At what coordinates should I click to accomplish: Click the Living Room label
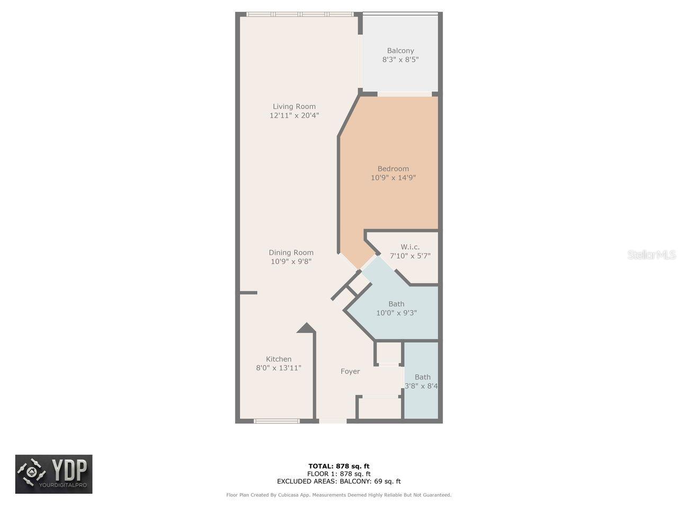[294, 107]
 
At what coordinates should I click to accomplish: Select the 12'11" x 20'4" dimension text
[294, 116]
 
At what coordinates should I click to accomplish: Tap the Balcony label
[400, 51]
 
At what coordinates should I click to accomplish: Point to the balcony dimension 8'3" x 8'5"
[400, 60]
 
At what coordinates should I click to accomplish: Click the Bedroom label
[393, 169]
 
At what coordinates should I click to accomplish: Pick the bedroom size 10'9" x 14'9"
[393, 178]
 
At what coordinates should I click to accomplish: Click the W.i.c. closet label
[410, 247]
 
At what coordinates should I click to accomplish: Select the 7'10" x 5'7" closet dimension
[410, 256]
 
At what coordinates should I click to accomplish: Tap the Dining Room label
[291, 252]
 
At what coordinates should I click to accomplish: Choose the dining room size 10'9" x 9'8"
[291, 261]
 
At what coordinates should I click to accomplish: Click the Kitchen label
[279, 359]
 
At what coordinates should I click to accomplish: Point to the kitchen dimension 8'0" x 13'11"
[279, 368]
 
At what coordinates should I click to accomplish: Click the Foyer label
[350, 372]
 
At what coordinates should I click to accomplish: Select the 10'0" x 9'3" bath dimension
[396, 313]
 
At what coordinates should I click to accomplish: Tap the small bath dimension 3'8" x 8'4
[422, 387]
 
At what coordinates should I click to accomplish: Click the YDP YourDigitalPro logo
[53, 474]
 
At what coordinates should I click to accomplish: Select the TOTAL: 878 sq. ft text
[339, 467]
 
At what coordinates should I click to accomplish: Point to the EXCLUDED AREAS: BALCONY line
[339, 481]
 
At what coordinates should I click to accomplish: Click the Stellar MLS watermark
[652, 255]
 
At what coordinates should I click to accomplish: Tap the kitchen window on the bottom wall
[276, 421]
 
